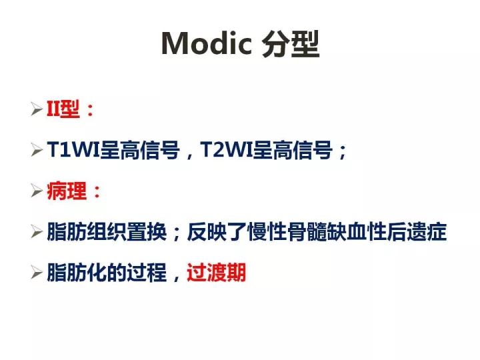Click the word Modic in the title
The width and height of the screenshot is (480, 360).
pyautogui.click(x=206, y=44)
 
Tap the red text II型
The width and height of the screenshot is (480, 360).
pyautogui.click(x=63, y=110)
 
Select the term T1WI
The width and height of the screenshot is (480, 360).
pyautogui.click(x=73, y=151)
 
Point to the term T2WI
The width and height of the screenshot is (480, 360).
pyautogui.click(x=227, y=151)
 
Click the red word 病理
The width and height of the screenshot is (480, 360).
pyautogui.click(x=67, y=192)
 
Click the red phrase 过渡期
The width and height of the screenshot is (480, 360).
pyautogui.click(x=217, y=273)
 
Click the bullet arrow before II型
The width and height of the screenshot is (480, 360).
pyautogui.click(x=37, y=110)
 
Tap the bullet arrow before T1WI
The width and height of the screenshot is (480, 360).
pyautogui.click(x=37, y=151)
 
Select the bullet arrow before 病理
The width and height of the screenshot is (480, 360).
pyautogui.click(x=37, y=192)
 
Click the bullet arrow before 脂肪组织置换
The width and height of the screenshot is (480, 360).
pyautogui.click(x=37, y=233)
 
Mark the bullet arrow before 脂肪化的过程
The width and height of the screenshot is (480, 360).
pyautogui.click(x=37, y=273)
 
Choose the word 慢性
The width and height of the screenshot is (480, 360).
pyautogui.click(x=267, y=233)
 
